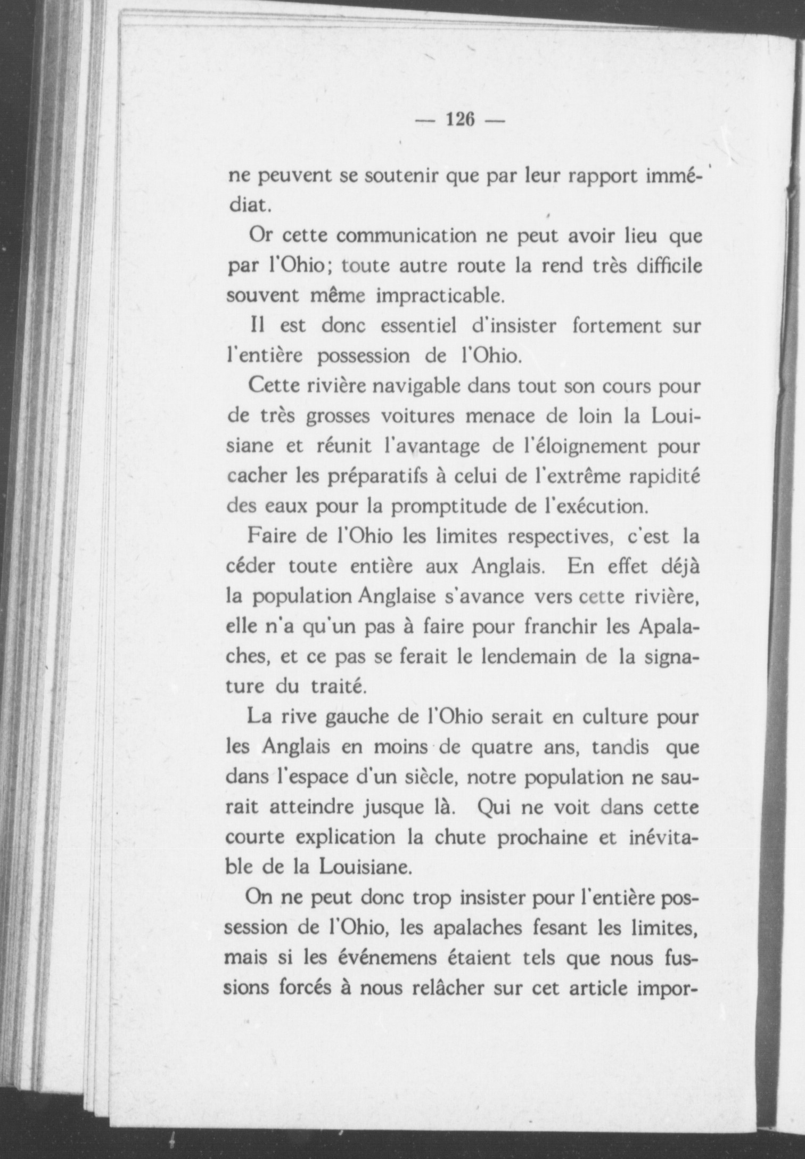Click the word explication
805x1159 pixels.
click(x=346, y=837)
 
